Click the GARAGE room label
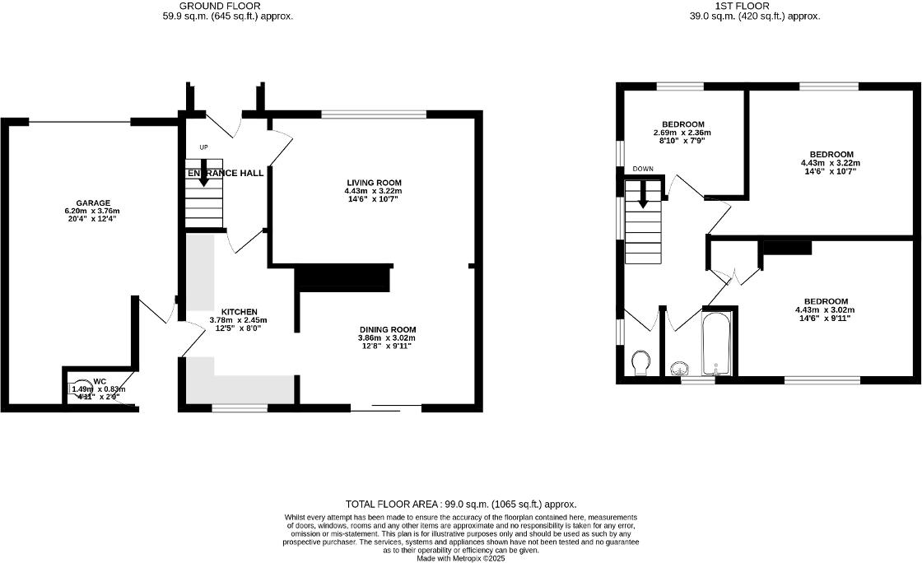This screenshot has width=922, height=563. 93,203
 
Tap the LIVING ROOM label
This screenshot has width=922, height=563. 373,182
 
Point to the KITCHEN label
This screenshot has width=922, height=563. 239,312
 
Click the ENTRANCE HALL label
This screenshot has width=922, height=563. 226,174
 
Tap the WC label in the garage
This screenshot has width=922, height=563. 100,382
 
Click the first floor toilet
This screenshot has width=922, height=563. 640,362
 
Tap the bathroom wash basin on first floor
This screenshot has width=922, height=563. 680,367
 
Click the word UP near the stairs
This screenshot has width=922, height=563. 203,148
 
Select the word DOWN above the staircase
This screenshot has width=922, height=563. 643,170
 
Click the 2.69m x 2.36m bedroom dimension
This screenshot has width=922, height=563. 682,133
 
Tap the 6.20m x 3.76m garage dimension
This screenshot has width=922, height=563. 93,212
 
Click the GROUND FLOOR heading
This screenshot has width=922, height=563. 220,6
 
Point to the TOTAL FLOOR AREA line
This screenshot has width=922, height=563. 460,504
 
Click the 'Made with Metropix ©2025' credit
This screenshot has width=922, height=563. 460,558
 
